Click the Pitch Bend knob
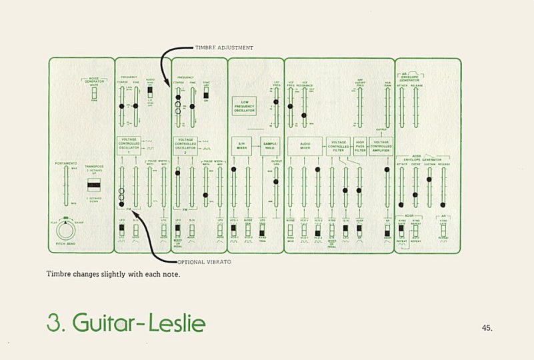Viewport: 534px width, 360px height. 65,231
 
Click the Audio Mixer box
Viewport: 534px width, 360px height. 305,147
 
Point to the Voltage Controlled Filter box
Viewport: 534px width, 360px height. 339,147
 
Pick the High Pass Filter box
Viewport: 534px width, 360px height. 361,147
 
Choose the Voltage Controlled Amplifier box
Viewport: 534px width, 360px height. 381,147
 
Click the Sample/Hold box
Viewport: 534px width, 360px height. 269,147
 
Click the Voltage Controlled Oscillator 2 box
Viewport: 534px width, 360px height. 186,146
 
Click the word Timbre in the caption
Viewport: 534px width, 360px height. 59,273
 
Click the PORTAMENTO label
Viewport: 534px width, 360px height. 67,162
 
